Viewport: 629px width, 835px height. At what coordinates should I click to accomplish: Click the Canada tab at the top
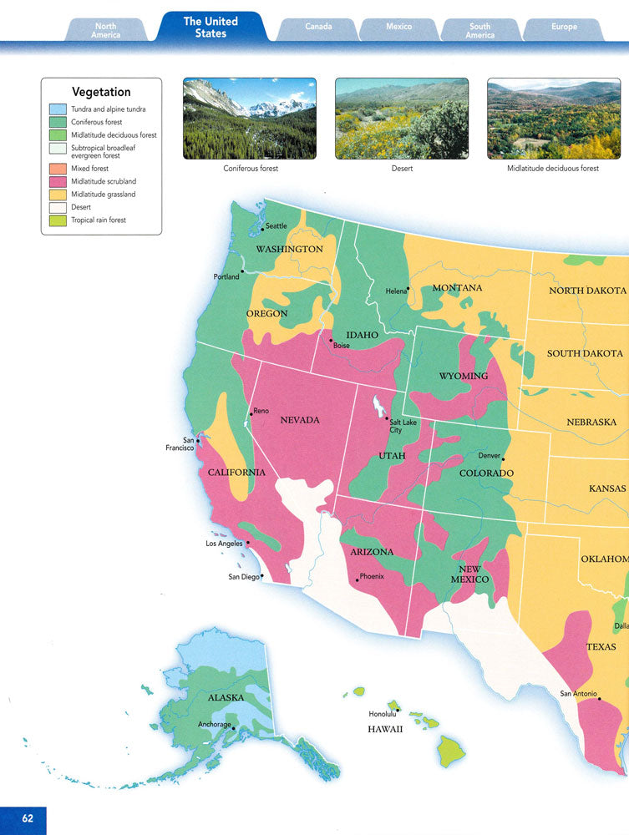tap(317, 27)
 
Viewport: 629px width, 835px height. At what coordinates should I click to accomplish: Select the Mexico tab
tap(398, 27)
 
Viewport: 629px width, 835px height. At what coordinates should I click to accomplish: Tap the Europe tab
tap(564, 27)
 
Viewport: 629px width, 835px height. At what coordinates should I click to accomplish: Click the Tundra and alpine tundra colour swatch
tap(57, 109)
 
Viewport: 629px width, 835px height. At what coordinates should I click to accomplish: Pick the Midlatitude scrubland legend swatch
tap(57, 181)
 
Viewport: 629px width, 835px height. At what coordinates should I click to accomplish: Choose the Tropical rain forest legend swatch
tap(57, 220)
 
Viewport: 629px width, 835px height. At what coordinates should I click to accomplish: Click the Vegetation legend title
tap(101, 92)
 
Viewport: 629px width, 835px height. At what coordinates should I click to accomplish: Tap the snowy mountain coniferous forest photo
tap(249, 119)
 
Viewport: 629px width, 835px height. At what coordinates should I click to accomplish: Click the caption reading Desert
tap(402, 169)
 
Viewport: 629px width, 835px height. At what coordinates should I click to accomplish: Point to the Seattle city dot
tap(262, 229)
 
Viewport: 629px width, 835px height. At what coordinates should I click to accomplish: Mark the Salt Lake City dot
tap(386, 418)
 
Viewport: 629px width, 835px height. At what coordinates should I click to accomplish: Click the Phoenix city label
tap(372, 576)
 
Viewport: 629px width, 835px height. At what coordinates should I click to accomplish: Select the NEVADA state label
tap(300, 420)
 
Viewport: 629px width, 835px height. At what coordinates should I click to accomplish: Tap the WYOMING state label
tap(464, 376)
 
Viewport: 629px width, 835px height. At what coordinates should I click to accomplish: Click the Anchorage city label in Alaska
tap(214, 724)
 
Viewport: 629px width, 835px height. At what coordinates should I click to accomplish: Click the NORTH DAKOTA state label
tap(587, 291)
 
